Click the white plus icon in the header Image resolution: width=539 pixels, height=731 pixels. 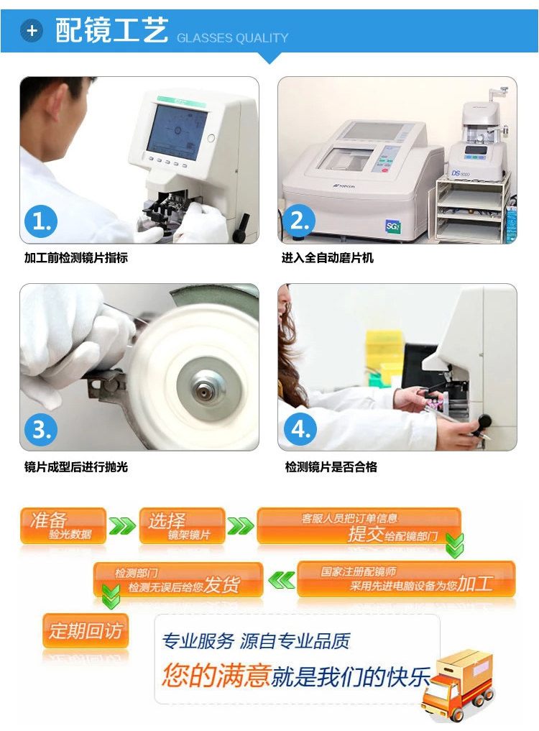coord(31,31)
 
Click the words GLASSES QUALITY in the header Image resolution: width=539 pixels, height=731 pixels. coord(233,38)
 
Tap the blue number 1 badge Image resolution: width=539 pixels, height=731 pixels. coord(41,221)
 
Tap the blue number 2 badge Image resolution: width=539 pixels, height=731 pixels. coord(299,220)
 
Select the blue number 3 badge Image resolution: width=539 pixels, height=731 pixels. coord(41,429)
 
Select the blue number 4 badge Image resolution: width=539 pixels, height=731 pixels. coord(300,429)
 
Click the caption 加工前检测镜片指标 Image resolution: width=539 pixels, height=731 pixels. coord(76,258)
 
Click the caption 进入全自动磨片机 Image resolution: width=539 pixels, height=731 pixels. coord(327,258)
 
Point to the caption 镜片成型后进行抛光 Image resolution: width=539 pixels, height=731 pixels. coord(76,466)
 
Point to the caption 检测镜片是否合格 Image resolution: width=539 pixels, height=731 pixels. coord(331,466)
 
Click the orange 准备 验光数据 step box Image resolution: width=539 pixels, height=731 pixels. coord(63,525)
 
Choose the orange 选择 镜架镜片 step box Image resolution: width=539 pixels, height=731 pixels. coord(183,525)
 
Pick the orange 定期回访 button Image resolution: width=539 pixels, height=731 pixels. coord(86,631)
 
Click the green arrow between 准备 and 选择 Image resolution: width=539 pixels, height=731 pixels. coord(122,526)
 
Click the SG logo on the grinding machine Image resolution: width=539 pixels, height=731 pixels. coord(392,226)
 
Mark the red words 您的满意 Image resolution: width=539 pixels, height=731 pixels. coord(217,675)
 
